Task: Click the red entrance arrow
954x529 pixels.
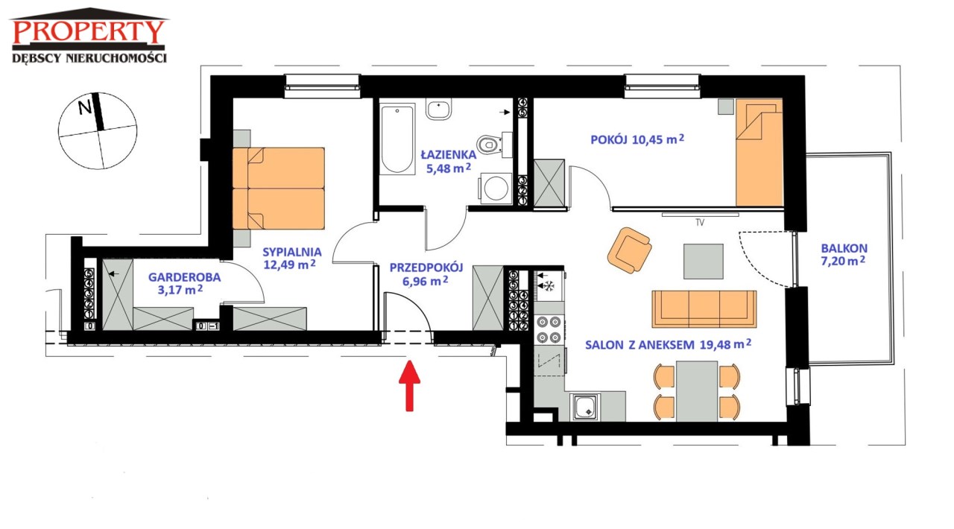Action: tap(409, 385)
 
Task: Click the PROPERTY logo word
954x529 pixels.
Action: tap(89, 31)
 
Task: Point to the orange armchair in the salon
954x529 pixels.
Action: tap(629, 250)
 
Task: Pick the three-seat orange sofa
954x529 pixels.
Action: tap(704, 309)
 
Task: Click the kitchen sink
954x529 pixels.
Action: tap(585, 407)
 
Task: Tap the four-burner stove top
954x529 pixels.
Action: tap(549, 329)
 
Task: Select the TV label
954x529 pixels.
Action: tap(699, 222)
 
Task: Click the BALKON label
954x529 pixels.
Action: tap(844, 248)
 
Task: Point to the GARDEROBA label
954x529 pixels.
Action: tap(184, 277)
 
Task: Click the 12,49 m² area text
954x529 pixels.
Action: tap(290, 264)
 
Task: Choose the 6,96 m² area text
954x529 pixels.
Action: tap(425, 281)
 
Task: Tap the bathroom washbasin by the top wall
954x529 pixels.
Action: tap(438, 110)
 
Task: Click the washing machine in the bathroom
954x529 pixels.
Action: tap(496, 189)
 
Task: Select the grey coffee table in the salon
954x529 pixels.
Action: tap(703, 262)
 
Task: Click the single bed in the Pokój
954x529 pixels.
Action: tap(759, 153)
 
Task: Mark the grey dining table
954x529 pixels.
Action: tap(696, 391)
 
